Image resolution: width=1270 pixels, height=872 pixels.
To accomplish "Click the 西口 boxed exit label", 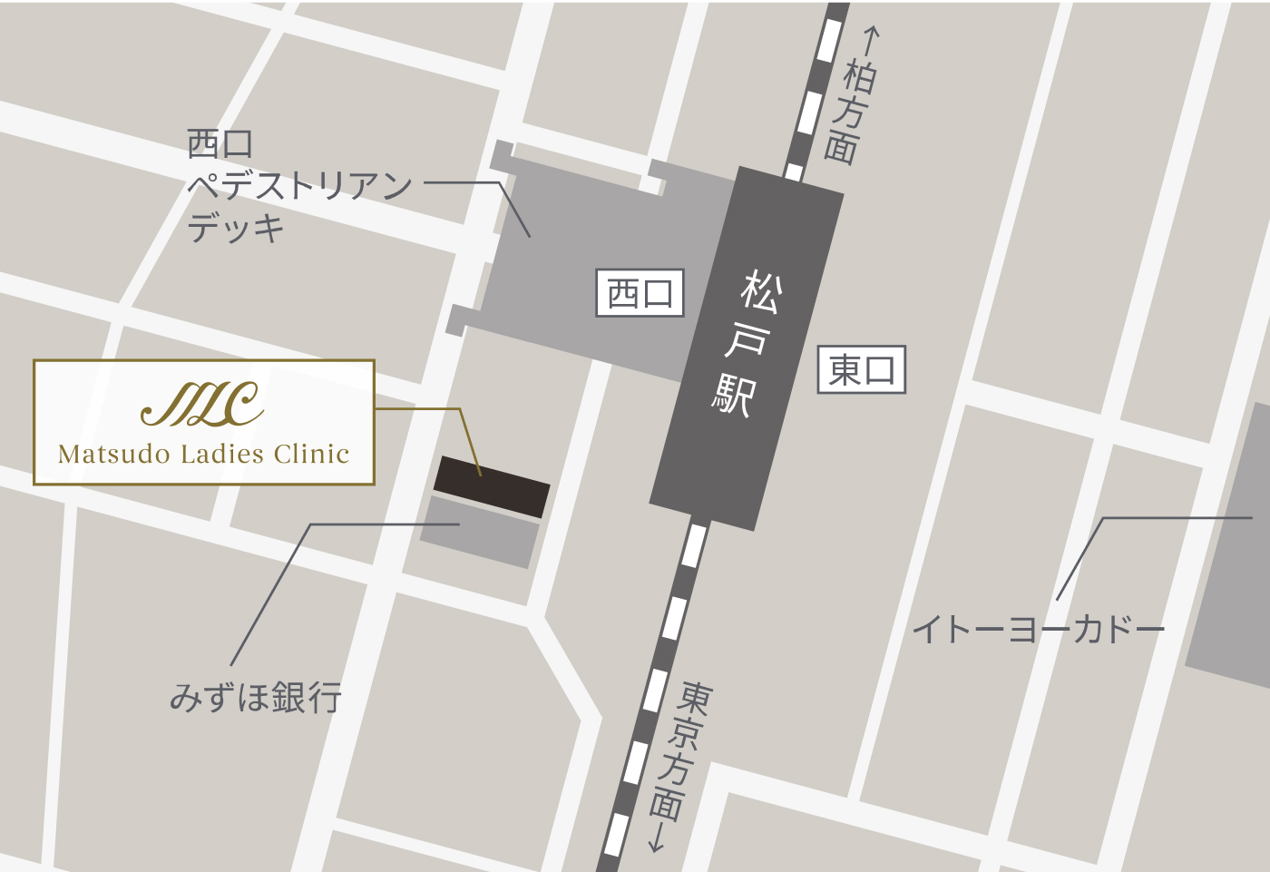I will [640, 293].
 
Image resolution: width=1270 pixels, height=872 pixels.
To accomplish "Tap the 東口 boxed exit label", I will [862, 370].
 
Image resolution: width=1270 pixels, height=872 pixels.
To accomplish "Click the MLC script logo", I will [203, 405].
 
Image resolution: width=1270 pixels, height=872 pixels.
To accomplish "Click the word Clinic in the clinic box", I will [311, 454].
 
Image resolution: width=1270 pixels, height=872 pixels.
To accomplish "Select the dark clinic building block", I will [492, 487].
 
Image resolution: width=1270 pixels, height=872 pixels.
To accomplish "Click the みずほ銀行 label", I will [256, 697].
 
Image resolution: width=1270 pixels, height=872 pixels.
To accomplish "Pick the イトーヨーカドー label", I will [1038, 629].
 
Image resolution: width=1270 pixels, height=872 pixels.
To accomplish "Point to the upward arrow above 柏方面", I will [871, 41].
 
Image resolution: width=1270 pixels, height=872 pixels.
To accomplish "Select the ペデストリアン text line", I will [299, 186].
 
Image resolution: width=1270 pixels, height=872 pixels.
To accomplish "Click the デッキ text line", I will [236, 227].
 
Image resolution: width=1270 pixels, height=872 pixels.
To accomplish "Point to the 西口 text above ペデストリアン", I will [220, 143].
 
